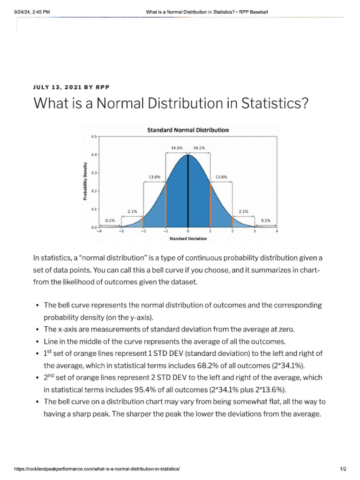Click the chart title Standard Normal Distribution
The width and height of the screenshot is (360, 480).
coord(188,130)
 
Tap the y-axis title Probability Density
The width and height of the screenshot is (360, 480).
coord(85,181)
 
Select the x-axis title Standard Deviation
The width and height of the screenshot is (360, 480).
coord(188,239)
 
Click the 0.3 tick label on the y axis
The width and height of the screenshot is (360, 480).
coord(94,173)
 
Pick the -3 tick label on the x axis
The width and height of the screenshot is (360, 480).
coord(121,231)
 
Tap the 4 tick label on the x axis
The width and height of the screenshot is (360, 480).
coord(277,231)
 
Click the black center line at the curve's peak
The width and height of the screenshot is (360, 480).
coord(188,191)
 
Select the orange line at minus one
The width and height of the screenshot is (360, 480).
coord(165,205)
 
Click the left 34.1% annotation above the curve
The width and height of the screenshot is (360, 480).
coord(177,148)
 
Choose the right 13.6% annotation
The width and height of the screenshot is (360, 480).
coord(221,177)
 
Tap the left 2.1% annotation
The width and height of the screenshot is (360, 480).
coord(132,211)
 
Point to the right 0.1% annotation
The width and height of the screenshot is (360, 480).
coord(265,220)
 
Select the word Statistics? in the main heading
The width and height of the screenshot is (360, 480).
coord(275,103)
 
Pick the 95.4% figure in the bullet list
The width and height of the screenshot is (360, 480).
coord(144,390)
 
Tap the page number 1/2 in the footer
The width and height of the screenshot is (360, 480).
coord(343,469)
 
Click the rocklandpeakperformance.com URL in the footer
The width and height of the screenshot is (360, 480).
coord(97,469)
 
